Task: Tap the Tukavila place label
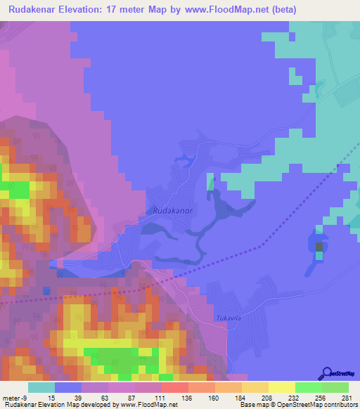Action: coord(230,317)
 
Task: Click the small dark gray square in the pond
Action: coord(320,247)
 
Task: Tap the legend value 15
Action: coord(51,398)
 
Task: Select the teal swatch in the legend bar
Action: coord(41,387)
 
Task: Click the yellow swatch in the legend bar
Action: coord(281,387)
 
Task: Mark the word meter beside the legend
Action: coord(11,398)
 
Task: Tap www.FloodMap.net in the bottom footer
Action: coord(148,405)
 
